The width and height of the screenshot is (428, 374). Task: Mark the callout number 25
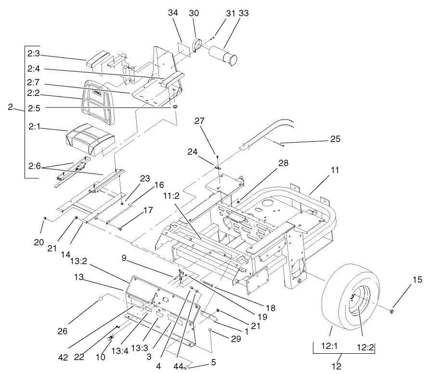tap(335, 139)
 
